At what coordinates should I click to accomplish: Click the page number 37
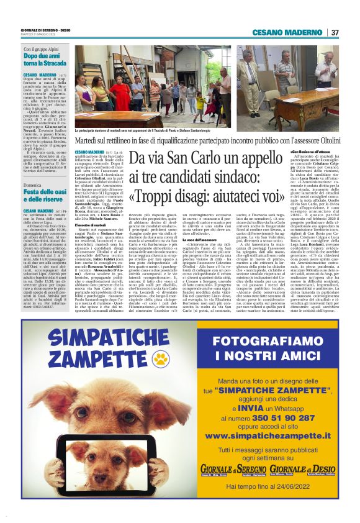click(x=335, y=32)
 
